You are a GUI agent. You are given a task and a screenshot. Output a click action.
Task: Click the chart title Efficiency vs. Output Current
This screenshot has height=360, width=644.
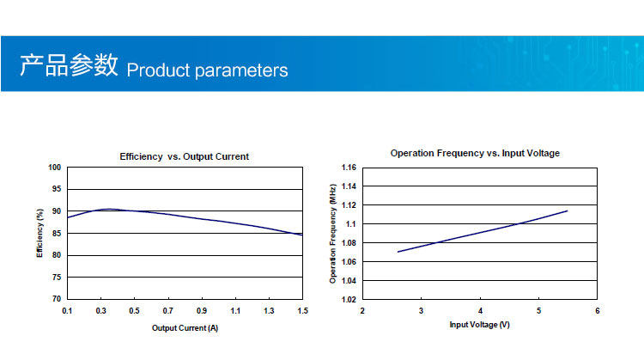pyautogui.click(x=184, y=156)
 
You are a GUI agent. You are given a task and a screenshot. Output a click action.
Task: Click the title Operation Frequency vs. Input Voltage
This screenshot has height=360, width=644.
pyautogui.click(x=475, y=153)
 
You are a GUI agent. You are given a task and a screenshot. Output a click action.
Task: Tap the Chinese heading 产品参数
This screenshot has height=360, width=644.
pyautogui.click(x=69, y=65)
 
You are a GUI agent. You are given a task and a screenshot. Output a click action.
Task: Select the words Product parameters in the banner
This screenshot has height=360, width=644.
pyautogui.click(x=207, y=70)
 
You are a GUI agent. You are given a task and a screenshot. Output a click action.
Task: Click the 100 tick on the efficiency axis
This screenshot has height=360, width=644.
pyautogui.click(x=55, y=168)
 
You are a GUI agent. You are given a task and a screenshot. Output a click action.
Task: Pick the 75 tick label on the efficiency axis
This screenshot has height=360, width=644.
pyautogui.click(x=57, y=277)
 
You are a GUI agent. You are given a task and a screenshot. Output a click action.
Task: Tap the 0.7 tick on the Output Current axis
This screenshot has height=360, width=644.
pyautogui.click(x=168, y=311)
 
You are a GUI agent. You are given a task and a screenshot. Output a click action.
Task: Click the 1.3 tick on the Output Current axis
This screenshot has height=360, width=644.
pyautogui.click(x=269, y=311)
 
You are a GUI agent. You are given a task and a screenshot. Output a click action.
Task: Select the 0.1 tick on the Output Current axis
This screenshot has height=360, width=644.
pyautogui.click(x=67, y=311)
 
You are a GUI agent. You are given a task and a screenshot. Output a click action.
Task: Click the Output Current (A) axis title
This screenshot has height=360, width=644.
pyautogui.click(x=185, y=328)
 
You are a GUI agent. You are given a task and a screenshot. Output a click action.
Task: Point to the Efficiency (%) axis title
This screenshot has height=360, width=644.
pyautogui.click(x=39, y=233)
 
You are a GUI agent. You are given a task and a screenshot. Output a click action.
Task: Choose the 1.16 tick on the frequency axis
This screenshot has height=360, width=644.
pyautogui.click(x=349, y=168)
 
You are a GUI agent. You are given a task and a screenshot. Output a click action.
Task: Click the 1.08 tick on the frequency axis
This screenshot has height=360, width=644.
pyautogui.click(x=349, y=243)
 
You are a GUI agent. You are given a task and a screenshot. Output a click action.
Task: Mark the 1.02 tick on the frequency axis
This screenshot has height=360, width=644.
pyautogui.click(x=349, y=299)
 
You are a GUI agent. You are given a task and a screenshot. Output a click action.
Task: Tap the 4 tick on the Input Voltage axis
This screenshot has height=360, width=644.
pyautogui.click(x=480, y=311)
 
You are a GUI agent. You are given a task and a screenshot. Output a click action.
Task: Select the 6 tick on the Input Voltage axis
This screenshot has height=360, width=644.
pyautogui.click(x=598, y=311)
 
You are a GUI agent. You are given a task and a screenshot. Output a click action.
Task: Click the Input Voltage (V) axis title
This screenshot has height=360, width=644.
pyautogui.click(x=480, y=325)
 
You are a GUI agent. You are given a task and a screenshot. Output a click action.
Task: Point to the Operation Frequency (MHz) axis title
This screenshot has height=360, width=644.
pyautogui.click(x=332, y=234)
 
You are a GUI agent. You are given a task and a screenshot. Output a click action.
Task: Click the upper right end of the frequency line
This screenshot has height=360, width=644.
pyautogui.click(x=568, y=211)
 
